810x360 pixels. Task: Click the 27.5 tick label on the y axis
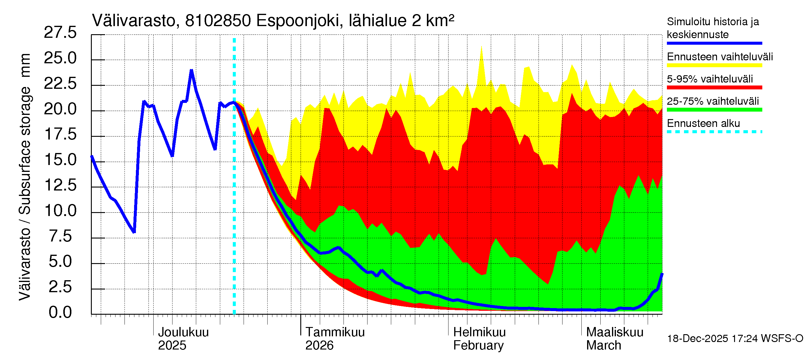pyautogui.click(x=60, y=33)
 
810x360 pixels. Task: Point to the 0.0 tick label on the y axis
pyautogui.click(x=60, y=313)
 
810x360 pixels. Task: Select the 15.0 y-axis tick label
pyautogui.click(x=60, y=160)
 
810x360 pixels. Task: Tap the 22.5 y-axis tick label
pyautogui.click(x=60, y=84)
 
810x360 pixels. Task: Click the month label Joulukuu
pyautogui.click(x=183, y=332)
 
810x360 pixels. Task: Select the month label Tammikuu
pyautogui.click(x=335, y=332)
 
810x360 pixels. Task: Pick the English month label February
pyautogui.click(x=478, y=346)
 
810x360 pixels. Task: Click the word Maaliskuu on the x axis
pyautogui.click(x=615, y=332)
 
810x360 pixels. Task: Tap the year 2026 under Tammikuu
pyautogui.click(x=319, y=346)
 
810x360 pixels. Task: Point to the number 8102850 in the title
pyautogui.click(x=218, y=21)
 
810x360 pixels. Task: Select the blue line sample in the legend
pyautogui.click(x=714, y=43)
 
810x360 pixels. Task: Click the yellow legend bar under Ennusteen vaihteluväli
pyautogui.click(x=714, y=65)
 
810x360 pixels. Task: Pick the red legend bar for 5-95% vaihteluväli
pyautogui.click(x=714, y=88)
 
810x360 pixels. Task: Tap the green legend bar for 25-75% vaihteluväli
pyautogui.click(x=714, y=110)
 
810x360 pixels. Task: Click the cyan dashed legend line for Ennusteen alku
pyautogui.click(x=714, y=132)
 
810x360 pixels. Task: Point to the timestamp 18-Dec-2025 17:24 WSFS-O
pyautogui.click(x=735, y=339)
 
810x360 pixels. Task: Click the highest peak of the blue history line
pyautogui.click(x=191, y=70)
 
